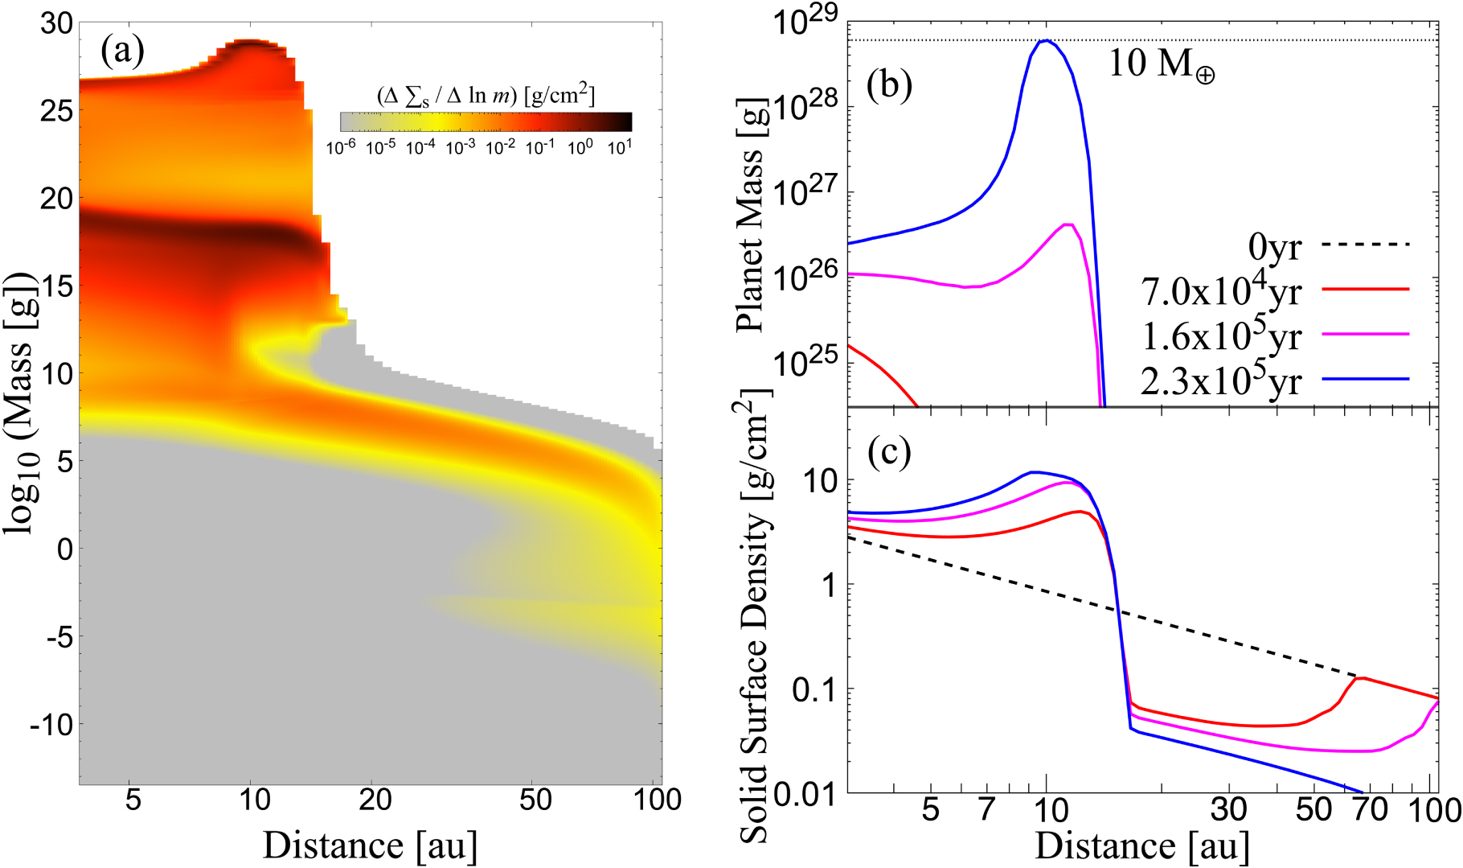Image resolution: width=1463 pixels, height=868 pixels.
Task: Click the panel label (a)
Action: [122, 52]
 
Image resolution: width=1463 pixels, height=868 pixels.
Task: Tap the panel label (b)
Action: [889, 84]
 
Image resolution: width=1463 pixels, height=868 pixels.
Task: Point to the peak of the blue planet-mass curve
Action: [1045, 40]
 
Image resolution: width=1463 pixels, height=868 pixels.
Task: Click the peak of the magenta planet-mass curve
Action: [1068, 224]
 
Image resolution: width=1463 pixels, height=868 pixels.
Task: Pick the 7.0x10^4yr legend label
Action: [1221, 290]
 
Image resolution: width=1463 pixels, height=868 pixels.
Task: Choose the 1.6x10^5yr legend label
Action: [1221, 335]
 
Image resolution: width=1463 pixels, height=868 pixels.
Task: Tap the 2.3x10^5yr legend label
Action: [1221, 380]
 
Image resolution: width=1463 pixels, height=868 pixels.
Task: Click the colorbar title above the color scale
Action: [486, 96]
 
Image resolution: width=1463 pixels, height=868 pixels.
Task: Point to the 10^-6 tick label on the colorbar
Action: [341, 148]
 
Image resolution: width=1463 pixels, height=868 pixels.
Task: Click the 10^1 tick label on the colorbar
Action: [620, 148]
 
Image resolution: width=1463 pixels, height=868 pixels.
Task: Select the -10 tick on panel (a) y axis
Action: [51, 725]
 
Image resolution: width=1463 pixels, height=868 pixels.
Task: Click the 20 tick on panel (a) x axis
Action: [375, 801]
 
